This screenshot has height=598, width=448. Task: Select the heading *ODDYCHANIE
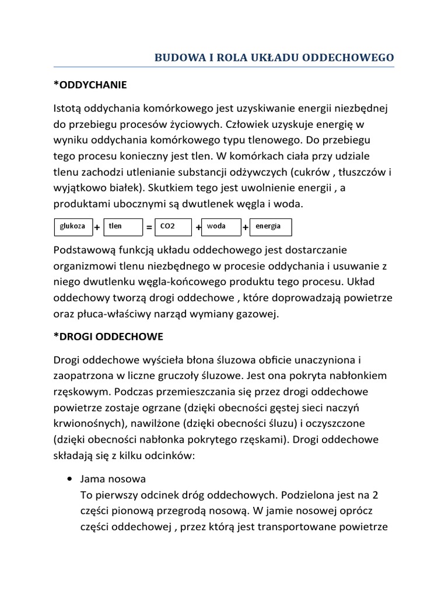(x=90, y=85)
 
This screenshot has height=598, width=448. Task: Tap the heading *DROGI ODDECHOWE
(x=108, y=337)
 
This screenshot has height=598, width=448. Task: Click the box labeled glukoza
(x=72, y=227)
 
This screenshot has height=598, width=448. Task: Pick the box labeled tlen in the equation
(x=123, y=227)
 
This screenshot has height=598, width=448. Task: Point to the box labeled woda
(x=221, y=227)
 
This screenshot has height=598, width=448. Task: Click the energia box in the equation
(x=270, y=227)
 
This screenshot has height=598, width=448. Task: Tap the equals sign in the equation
(x=149, y=227)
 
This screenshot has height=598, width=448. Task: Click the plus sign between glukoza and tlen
(x=97, y=227)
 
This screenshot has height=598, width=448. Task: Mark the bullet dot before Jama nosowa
(x=70, y=479)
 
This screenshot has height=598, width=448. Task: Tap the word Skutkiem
(x=169, y=189)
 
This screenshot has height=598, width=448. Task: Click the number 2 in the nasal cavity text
(x=375, y=495)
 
